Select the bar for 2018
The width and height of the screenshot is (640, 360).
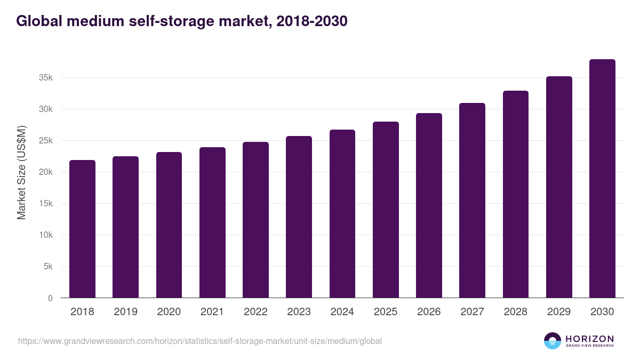pyautogui.click(x=82, y=229)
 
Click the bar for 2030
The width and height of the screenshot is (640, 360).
pyautogui.click(x=602, y=179)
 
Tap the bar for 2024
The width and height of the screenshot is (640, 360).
pyautogui.click(x=342, y=213)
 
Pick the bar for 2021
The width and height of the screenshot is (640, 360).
pyautogui.click(x=212, y=222)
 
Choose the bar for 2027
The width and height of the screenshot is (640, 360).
pyautogui.click(x=472, y=201)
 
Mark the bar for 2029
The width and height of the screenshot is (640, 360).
pyautogui.click(x=559, y=187)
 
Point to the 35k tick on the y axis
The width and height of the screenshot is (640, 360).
pyautogui.click(x=46, y=78)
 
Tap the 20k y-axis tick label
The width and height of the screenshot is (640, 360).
pyautogui.click(x=46, y=172)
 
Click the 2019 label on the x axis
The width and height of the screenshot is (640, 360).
pyautogui.click(x=125, y=312)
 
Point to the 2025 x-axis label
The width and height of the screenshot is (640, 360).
pyautogui.click(x=386, y=312)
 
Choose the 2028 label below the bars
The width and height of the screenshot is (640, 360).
pyautogui.click(x=516, y=312)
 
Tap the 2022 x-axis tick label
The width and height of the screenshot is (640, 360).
pyautogui.click(x=255, y=312)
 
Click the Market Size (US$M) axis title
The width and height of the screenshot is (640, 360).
pyautogui.click(x=21, y=172)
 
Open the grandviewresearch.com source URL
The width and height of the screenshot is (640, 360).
pyautogui.click(x=200, y=341)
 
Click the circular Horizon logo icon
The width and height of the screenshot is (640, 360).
pyautogui.click(x=553, y=341)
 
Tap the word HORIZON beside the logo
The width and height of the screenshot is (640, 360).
pyautogui.click(x=589, y=338)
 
